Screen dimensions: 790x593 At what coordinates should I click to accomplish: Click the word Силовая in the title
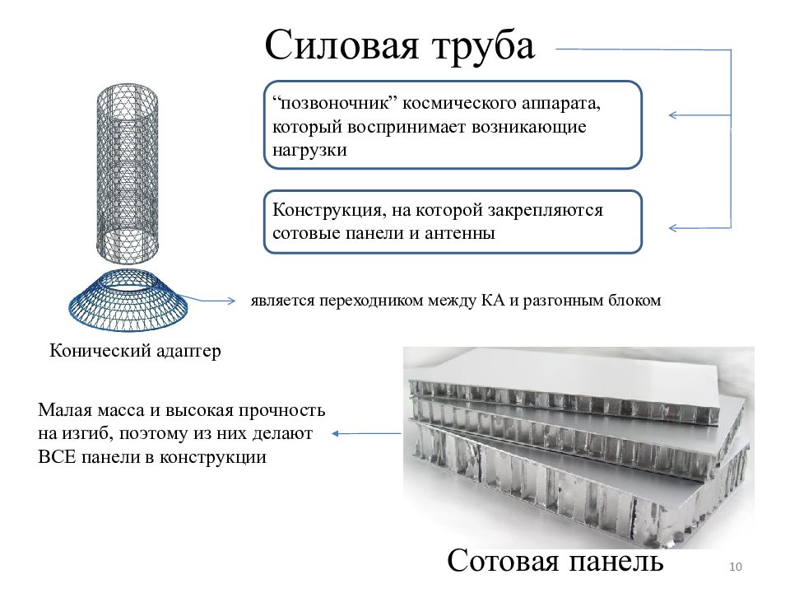[341, 45]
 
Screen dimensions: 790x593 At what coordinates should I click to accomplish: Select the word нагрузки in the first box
[309, 151]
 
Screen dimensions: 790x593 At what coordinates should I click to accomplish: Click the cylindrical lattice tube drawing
[127, 174]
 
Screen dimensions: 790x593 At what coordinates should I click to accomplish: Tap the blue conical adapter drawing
[128, 301]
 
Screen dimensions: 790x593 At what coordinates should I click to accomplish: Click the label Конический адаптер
[135, 351]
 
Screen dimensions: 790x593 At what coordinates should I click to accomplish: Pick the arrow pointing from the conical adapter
[206, 301]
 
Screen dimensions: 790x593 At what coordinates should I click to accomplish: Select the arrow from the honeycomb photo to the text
[366, 433]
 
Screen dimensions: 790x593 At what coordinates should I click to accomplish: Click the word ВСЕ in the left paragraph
[57, 457]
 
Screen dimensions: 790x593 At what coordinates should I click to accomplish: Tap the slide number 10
[736, 567]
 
